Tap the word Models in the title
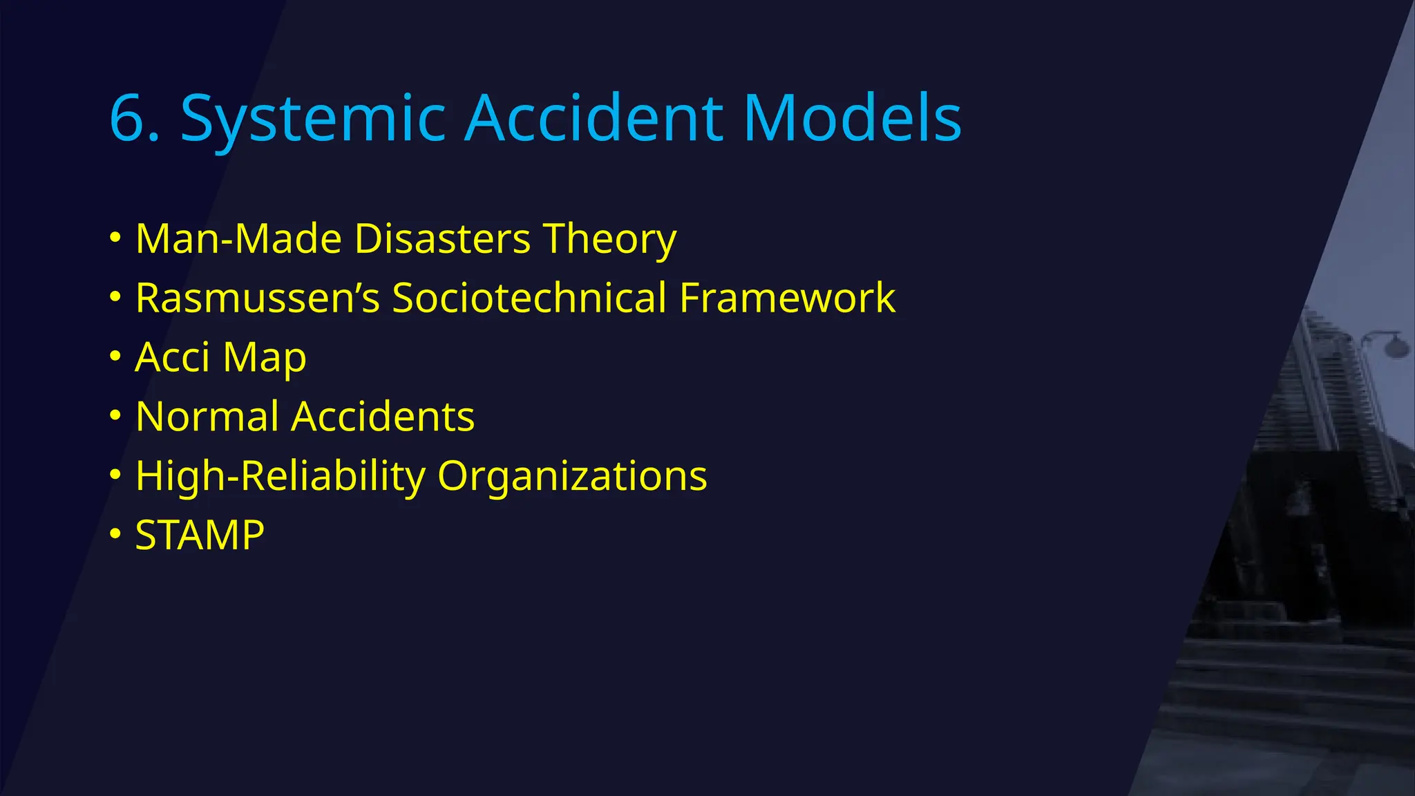(853, 119)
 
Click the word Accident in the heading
(594, 119)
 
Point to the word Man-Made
(238, 239)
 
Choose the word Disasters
(442, 239)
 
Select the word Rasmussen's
(258, 298)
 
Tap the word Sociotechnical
(529, 298)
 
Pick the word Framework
(787, 298)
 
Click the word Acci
(172, 358)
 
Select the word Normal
(207, 417)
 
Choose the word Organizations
(573, 477)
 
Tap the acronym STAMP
(200, 536)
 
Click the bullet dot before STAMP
(115, 534)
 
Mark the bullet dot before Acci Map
(115, 357)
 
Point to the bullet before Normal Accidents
(115, 415)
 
